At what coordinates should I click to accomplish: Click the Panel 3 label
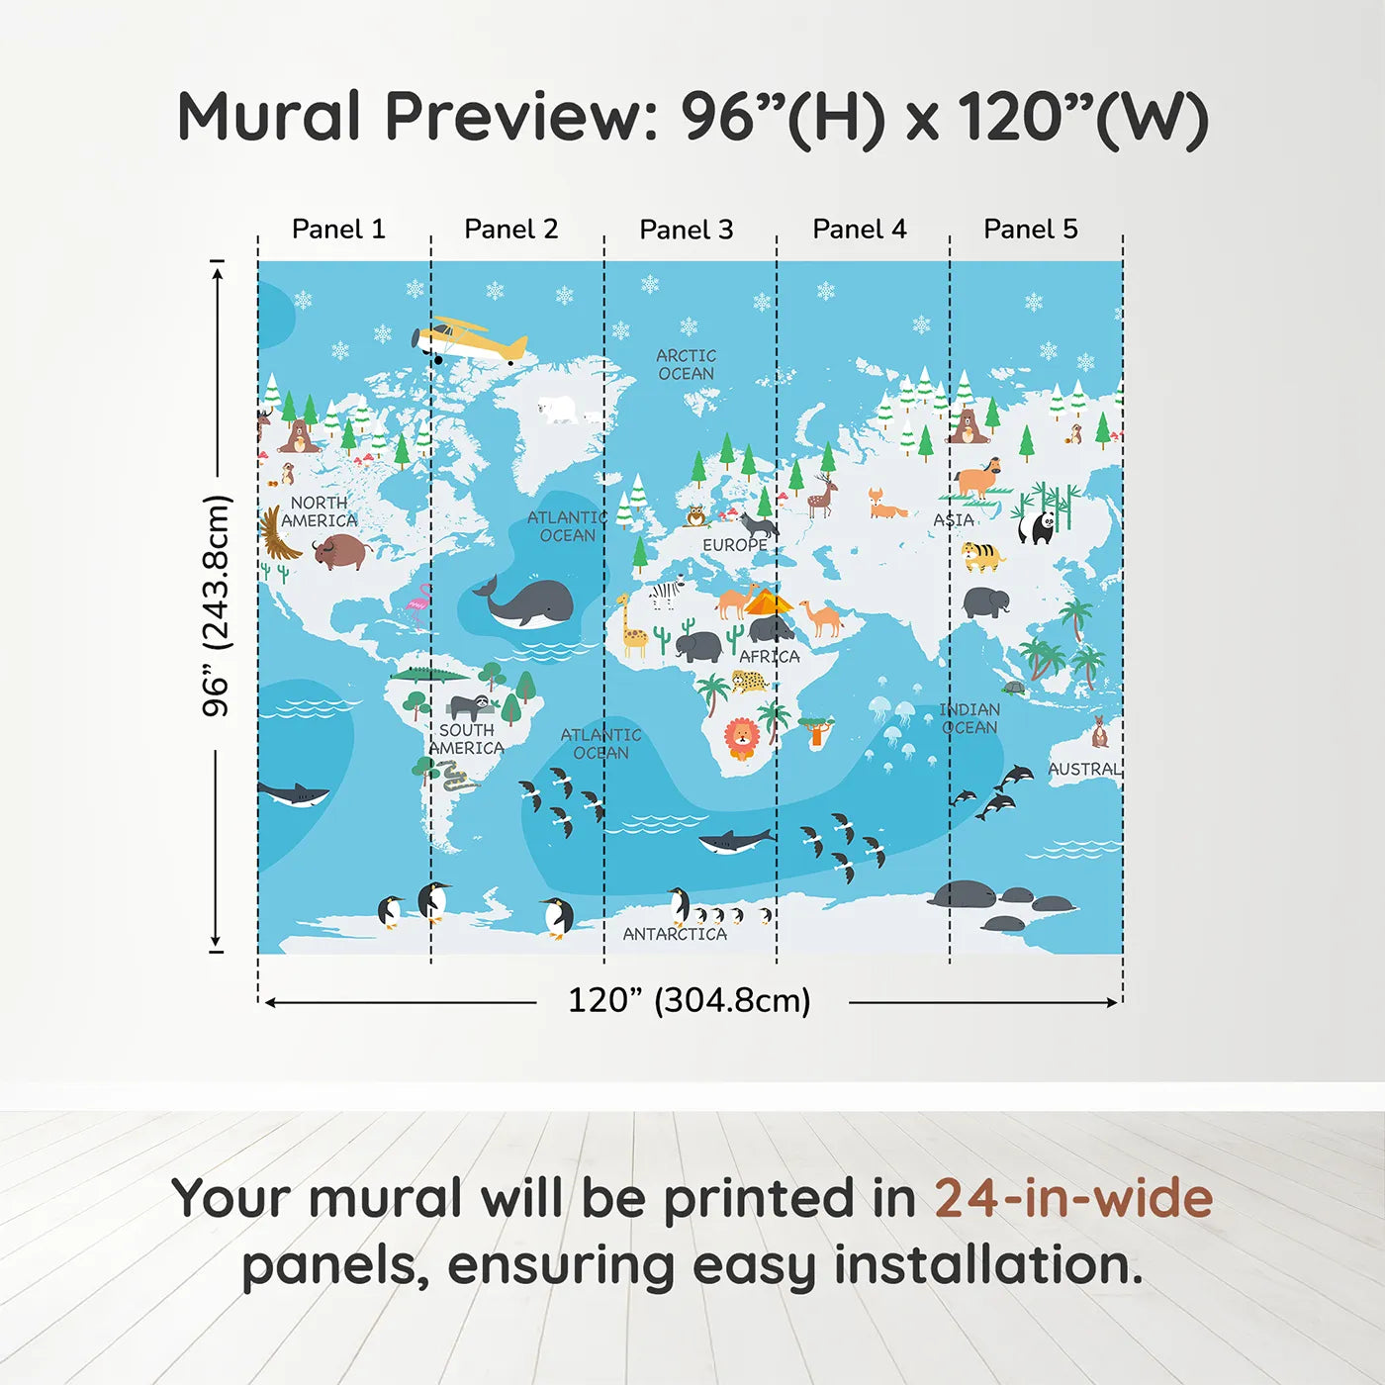[x=687, y=230]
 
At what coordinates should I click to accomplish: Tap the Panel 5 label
[x=1031, y=229]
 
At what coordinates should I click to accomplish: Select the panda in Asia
[x=1037, y=527]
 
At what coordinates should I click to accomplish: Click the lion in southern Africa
[x=741, y=739]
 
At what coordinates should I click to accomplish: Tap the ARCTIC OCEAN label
[x=687, y=364]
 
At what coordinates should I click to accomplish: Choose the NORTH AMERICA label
[x=320, y=511]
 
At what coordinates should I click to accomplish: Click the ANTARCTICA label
[x=675, y=934]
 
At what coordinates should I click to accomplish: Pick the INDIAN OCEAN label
[x=969, y=718]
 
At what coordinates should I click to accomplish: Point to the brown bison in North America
[x=342, y=551]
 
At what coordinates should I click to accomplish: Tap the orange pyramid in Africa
[x=768, y=601]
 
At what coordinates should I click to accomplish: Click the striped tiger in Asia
[x=983, y=557]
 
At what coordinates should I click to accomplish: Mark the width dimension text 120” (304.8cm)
[x=690, y=1000]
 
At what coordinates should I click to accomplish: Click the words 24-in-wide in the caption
[x=1073, y=1198]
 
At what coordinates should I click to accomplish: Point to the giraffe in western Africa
[x=632, y=624]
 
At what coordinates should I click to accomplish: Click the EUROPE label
[x=735, y=545]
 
